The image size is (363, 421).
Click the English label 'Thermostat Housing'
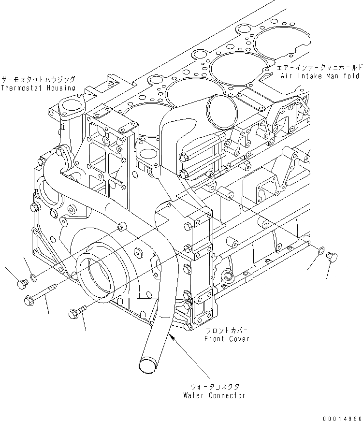[x=38, y=88]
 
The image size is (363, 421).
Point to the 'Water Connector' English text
[x=214, y=395]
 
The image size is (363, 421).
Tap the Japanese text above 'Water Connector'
[x=214, y=386]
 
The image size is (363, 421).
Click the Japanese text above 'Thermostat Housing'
[x=38, y=79]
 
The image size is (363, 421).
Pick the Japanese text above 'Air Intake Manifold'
[x=319, y=67]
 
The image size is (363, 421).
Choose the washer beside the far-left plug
[x=32, y=277]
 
